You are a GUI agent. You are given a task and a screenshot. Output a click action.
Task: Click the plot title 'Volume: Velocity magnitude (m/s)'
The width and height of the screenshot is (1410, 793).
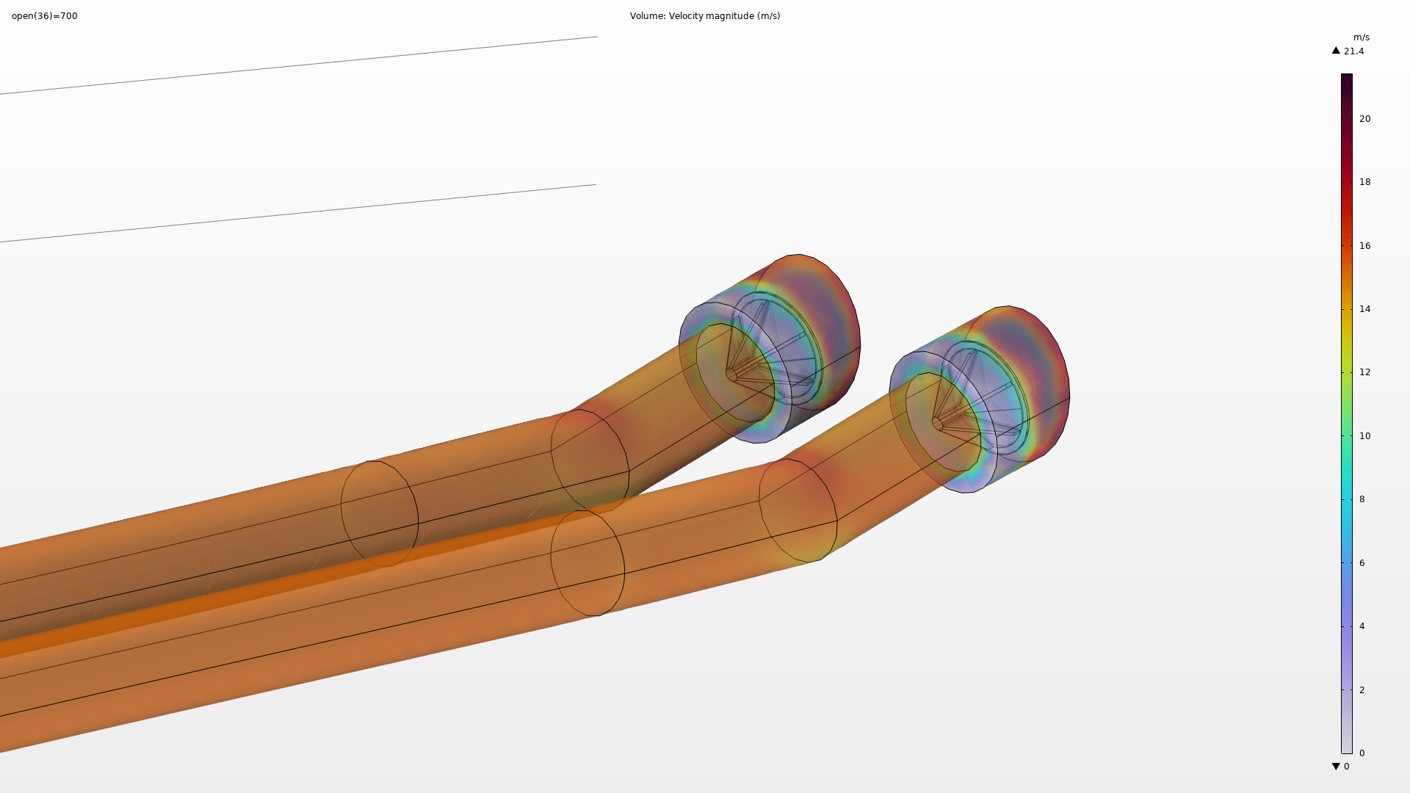[705, 16]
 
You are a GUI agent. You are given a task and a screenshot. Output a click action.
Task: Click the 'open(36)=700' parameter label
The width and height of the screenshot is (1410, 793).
[45, 16]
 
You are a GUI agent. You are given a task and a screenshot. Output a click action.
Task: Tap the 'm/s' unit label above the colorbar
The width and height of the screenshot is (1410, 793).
[1362, 37]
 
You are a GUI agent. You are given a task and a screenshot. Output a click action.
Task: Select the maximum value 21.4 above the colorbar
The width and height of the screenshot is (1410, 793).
[1353, 51]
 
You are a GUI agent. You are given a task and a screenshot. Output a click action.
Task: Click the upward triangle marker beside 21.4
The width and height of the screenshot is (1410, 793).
[1336, 51]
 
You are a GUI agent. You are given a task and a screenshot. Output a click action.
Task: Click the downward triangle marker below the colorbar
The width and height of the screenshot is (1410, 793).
[1336, 767]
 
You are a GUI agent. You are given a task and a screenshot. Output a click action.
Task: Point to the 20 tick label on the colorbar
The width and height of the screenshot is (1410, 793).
[1364, 119]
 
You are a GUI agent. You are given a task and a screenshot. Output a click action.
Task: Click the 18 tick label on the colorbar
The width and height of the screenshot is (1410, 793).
[1364, 182]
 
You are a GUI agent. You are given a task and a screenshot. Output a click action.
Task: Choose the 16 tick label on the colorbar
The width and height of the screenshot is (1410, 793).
[1364, 246]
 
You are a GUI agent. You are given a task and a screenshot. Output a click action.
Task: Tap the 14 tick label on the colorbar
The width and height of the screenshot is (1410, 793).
[1364, 309]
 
